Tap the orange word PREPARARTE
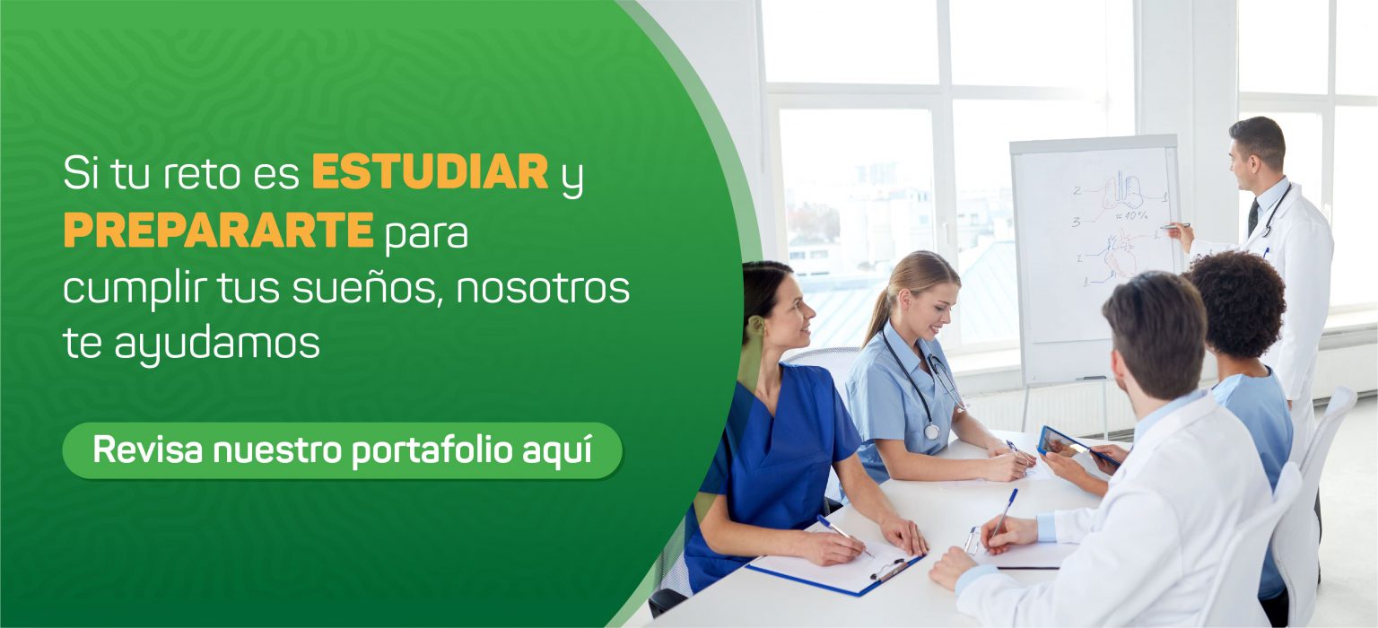pyautogui.click(x=218, y=229)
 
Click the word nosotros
pyautogui.click(x=543, y=289)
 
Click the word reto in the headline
pyautogui.click(x=202, y=173)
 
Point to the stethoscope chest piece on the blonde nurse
pyautogui.click(x=931, y=432)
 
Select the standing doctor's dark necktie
pyautogui.click(x=1252, y=216)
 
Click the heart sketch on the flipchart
pyautogui.click(x=1120, y=252)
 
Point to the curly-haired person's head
pyautogui.click(x=1235, y=304)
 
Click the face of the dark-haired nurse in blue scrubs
pyautogui.click(x=790, y=315)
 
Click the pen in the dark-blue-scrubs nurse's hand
pyautogui.click(x=844, y=536)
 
